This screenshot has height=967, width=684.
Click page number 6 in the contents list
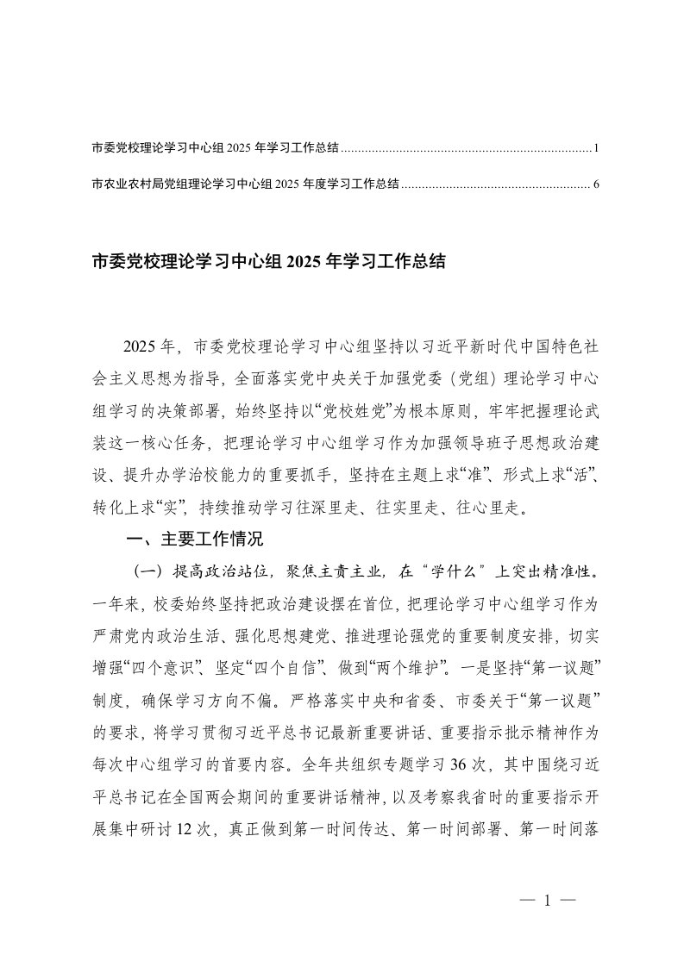[x=596, y=184]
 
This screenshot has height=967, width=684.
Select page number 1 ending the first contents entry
[x=596, y=148]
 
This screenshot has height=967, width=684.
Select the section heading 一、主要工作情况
[x=193, y=540]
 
